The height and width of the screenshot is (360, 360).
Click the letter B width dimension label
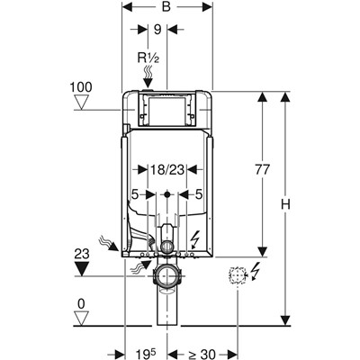(x=166, y=6)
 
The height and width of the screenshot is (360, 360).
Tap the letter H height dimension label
(x=285, y=204)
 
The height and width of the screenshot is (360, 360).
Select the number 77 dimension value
(x=263, y=169)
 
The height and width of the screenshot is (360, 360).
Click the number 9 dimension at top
(x=157, y=30)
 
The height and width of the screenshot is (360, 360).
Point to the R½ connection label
(x=148, y=58)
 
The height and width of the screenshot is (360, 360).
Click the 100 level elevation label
(x=81, y=87)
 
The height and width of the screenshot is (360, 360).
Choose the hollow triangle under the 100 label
(x=81, y=102)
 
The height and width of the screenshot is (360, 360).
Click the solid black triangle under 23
(x=82, y=268)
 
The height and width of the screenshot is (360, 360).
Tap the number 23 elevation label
(x=82, y=254)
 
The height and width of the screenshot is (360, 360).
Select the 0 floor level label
(x=81, y=304)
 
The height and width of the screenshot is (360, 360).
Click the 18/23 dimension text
(x=167, y=170)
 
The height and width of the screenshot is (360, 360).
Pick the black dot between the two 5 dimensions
(x=167, y=194)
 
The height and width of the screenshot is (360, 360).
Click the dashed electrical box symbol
(x=238, y=274)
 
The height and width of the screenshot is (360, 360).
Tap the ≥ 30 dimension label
(x=202, y=354)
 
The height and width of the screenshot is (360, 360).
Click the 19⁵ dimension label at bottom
(x=147, y=354)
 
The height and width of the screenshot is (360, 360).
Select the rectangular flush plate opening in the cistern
(x=166, y=111)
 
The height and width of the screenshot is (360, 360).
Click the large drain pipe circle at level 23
(x=167, y=275)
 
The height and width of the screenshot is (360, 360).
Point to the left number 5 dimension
(x=135, y=195)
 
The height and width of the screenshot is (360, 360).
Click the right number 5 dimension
(x=199, y=195)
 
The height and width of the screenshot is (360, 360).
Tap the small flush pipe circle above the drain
(x=167, y=247)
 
